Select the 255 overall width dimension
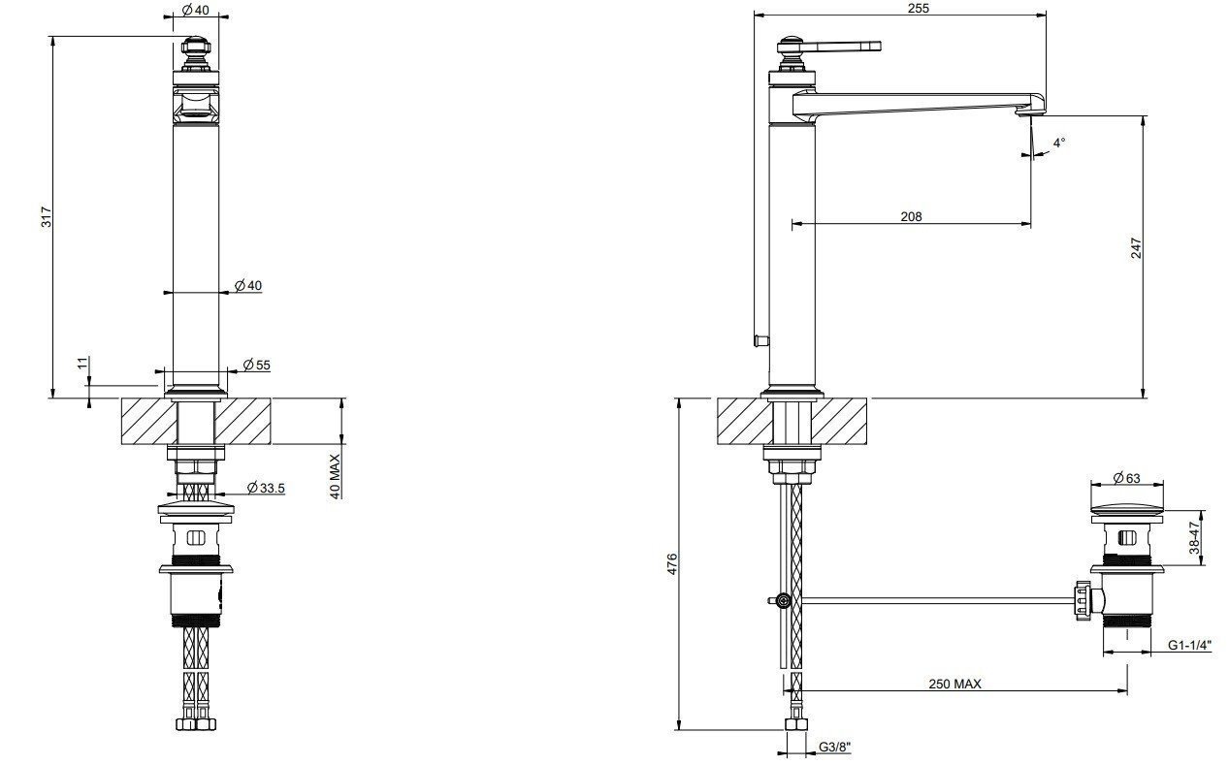click(918, 9)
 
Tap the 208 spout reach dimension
click(911, 217)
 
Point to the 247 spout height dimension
click(1136, 248)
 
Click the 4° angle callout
click(1058, 143)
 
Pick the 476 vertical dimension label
click(671, 564)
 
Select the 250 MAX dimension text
click(954, 684)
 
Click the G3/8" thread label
click(834, 747)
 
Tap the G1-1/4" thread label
click(1189, 645)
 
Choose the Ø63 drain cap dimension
click(1126, 477)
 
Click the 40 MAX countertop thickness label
click(335, 476)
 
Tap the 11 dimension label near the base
click(82, 364)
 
